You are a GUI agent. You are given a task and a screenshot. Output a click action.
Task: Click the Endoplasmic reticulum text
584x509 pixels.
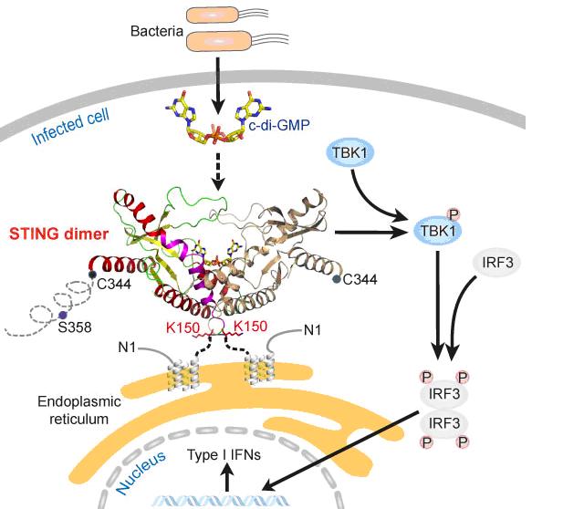[x=74, y=407]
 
